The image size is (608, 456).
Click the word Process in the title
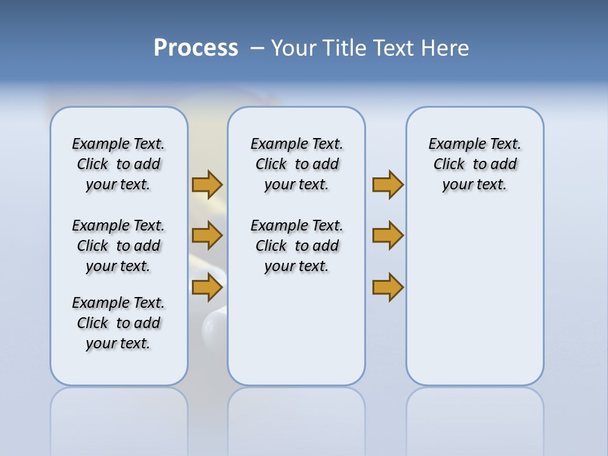(196, 48)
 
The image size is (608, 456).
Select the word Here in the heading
(444, 48)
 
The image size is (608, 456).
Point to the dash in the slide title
(257, 49)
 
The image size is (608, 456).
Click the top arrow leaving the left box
(207, 185)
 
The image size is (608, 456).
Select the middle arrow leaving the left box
(207, 236)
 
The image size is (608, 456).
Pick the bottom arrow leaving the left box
(207, 287)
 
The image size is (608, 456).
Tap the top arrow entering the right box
(388, 185)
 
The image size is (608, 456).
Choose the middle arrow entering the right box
(388, 236)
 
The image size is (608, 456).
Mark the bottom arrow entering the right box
(388, 287)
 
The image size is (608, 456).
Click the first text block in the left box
(118, 164)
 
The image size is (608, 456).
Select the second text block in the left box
(118, 246)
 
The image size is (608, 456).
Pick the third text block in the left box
(118, 323)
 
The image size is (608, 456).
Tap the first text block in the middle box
(296, 164)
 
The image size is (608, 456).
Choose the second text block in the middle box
(296, 246)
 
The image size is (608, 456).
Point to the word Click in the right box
(449, 165)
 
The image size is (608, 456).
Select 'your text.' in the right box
(474, 185)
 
